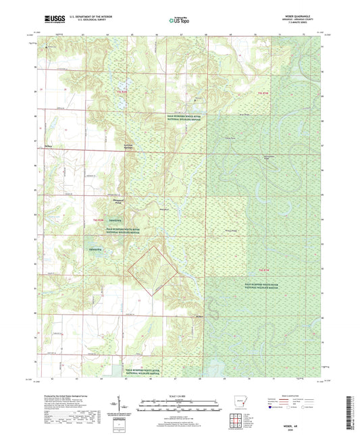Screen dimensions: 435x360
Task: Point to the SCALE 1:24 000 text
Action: pyautogui.click(x=179, y=395)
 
